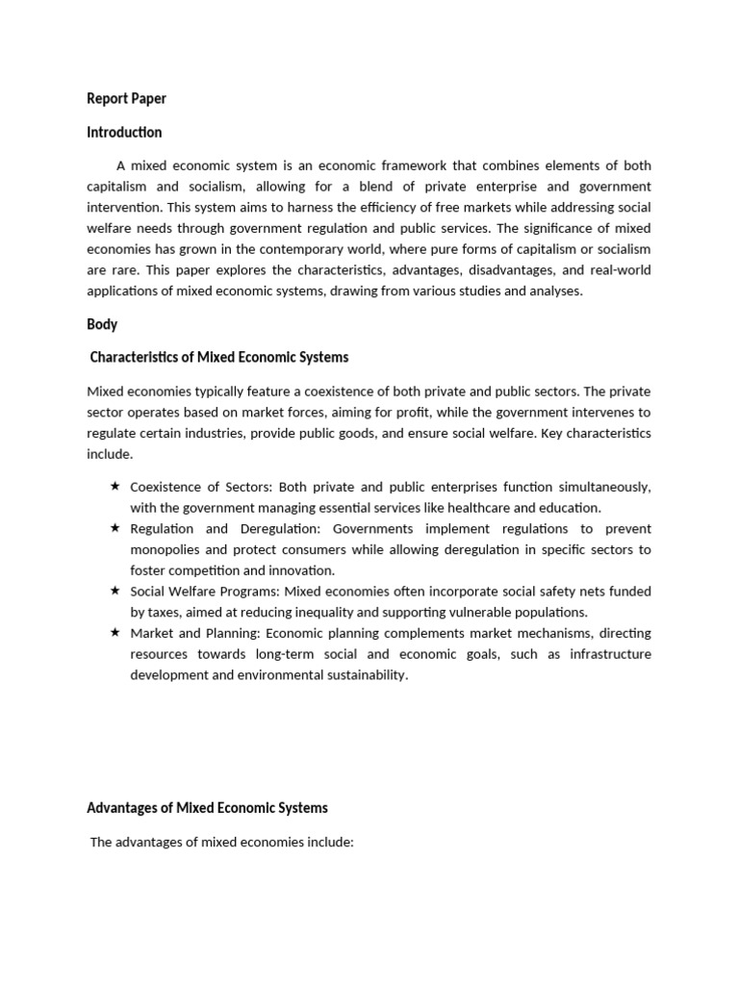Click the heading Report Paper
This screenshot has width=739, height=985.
tap(126, 98)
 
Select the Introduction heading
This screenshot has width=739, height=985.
tap(124, 132)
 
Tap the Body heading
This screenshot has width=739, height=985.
tap(102, 324)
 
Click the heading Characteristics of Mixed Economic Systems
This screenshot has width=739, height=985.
tap(219, 357)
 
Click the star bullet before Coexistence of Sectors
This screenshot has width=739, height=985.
tap(115, 486)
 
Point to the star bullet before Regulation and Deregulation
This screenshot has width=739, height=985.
tap(115, 528)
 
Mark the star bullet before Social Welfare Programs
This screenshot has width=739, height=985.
tap(115, 591)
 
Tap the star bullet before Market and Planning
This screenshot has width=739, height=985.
tap(115, 632)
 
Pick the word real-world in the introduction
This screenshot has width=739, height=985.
tap(617, 270)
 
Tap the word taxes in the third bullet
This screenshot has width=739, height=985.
tap(165, 612)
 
